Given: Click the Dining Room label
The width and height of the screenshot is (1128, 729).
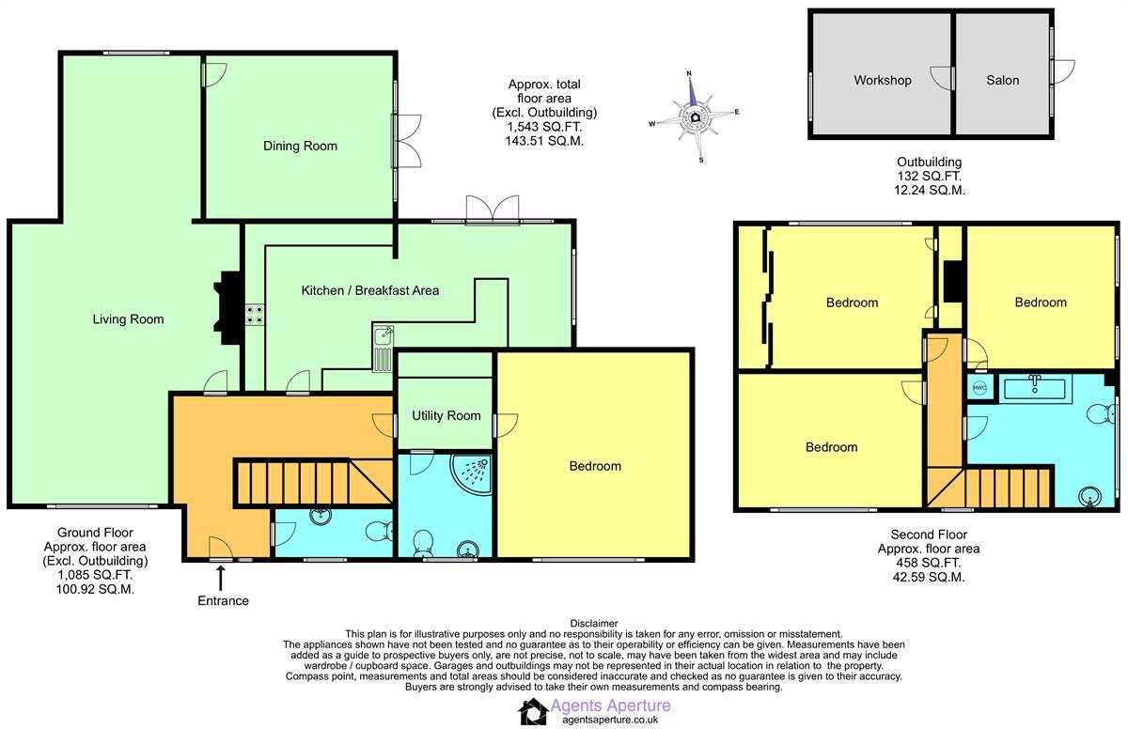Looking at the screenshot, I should click(300, 146).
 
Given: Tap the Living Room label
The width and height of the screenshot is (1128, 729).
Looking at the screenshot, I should click(128, 319).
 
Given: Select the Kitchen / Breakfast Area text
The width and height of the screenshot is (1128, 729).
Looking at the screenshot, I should click(369, 290).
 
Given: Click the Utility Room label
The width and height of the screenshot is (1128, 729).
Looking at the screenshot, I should click(446, 415).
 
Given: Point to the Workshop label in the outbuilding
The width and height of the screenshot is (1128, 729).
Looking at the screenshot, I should click(882, 80).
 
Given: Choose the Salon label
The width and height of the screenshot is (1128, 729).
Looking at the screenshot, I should click(1002, 80).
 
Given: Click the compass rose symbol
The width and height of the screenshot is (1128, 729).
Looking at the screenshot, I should click(695, 117).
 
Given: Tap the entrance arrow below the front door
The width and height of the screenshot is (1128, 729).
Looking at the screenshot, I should click(221, 577).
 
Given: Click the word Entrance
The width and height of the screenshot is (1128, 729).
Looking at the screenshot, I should click(224, 600).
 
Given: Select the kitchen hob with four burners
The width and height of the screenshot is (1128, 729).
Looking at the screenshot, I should click(255, 315).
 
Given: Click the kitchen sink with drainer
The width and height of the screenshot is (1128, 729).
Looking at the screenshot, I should click(383, 346).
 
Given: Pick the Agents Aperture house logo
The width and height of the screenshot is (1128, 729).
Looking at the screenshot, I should click(534, 711).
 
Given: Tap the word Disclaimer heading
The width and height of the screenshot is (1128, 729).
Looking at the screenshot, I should click(593, 623).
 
